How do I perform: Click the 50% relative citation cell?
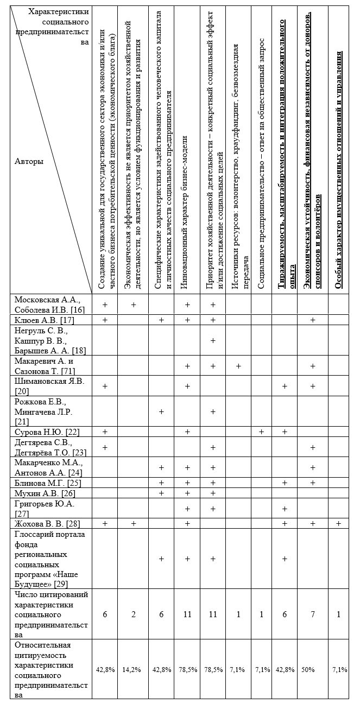click(308, 670)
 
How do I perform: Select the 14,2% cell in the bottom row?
click(133, 670)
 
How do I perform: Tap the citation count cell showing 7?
click(313, 614)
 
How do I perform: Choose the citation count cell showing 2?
click(133, 614)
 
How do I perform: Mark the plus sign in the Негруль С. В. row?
click(213, 340)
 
